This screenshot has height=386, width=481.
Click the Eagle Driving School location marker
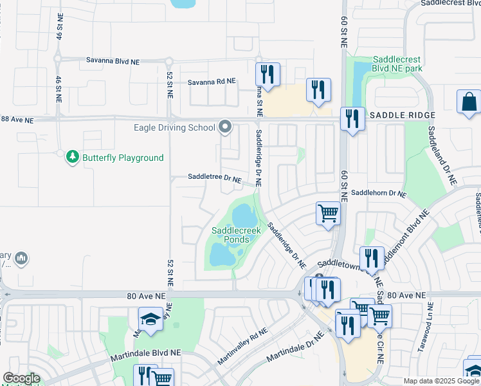click(224, 127)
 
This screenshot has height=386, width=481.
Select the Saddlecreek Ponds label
click(230, 235)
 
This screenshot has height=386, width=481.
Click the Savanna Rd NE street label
click(212, 82)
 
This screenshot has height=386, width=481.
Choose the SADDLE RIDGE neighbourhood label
click(403, 115)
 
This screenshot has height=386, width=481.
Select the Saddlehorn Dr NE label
click(379, 193)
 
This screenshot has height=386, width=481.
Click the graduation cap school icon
click(150, 320)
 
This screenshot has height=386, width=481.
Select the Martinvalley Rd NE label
click(242, 345)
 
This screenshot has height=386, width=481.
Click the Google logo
click(21, 378)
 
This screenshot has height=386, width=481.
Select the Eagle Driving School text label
click(174, 127)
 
